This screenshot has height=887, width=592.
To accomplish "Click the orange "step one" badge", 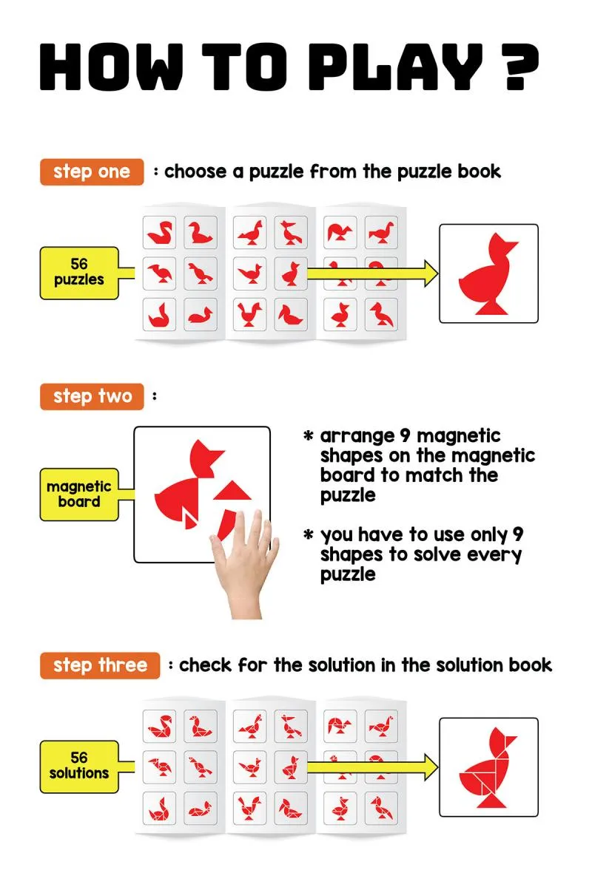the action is (92, 171).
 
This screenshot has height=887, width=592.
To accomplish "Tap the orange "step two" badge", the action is (92, 396).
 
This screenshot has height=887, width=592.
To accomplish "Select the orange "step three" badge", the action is (100, 665).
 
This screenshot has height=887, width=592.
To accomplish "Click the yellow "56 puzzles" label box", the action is (79, 273).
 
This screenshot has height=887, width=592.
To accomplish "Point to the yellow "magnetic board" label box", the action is (79, 495).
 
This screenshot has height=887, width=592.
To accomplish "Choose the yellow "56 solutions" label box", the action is (79, 767).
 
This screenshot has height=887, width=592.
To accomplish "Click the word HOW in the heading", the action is (112, 66).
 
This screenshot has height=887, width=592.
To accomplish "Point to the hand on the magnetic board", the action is (246, 566).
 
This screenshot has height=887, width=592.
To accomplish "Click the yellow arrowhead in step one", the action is (431, 273).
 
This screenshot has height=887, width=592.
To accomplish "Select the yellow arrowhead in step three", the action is (431, 767).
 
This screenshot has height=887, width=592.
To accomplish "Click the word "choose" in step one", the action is (195, 171).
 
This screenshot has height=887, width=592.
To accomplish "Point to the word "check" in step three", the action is (205, 665).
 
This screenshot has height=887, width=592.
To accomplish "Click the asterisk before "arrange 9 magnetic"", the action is (308, 436).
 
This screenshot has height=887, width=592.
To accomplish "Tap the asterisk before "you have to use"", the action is (308, 534).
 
